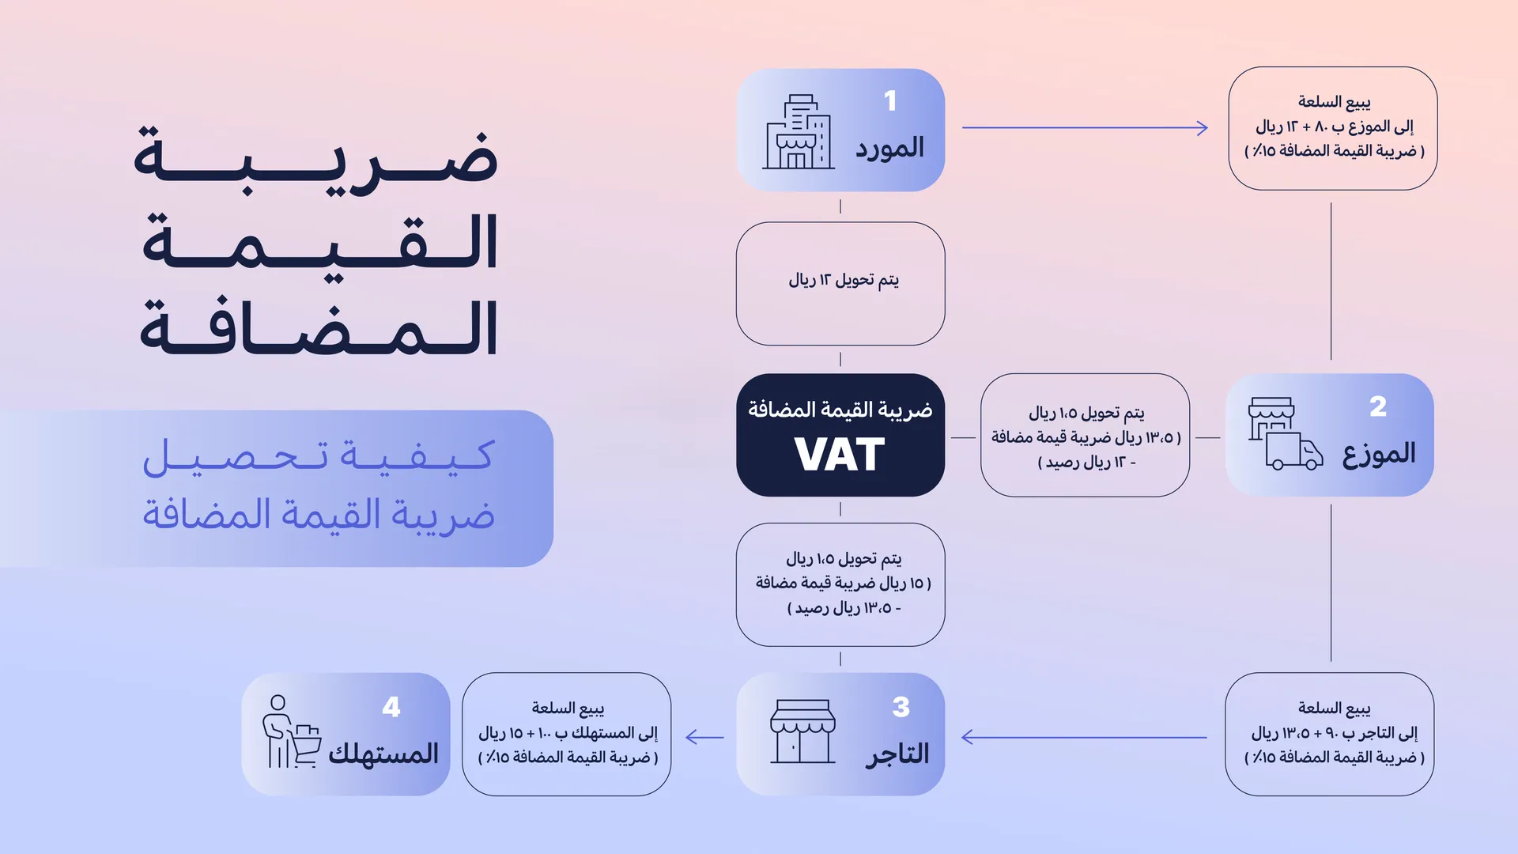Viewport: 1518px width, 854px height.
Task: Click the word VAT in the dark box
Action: (x=840, y=455)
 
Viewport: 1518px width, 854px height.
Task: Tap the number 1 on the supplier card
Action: (x=890, y=101)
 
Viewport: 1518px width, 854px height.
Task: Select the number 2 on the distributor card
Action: (x=1378, y=406)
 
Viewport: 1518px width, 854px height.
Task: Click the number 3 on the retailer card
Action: (x=901, y=707)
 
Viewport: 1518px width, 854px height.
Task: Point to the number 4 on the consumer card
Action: (x=391, y=707)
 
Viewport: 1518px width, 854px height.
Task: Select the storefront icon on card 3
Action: (x=802, y=731)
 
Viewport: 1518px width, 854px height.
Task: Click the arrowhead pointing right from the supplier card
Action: (x=1202, y=128)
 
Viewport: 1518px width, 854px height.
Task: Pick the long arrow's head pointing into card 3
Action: (x=968, y=738)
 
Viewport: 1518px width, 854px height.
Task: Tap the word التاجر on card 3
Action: (x=897, y=754)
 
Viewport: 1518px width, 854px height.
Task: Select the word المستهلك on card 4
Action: (x=383, y=754)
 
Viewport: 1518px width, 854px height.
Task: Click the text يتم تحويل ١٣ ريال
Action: (x=844, y=280)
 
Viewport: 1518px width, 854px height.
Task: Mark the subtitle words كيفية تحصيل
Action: (x=318, y=457)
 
